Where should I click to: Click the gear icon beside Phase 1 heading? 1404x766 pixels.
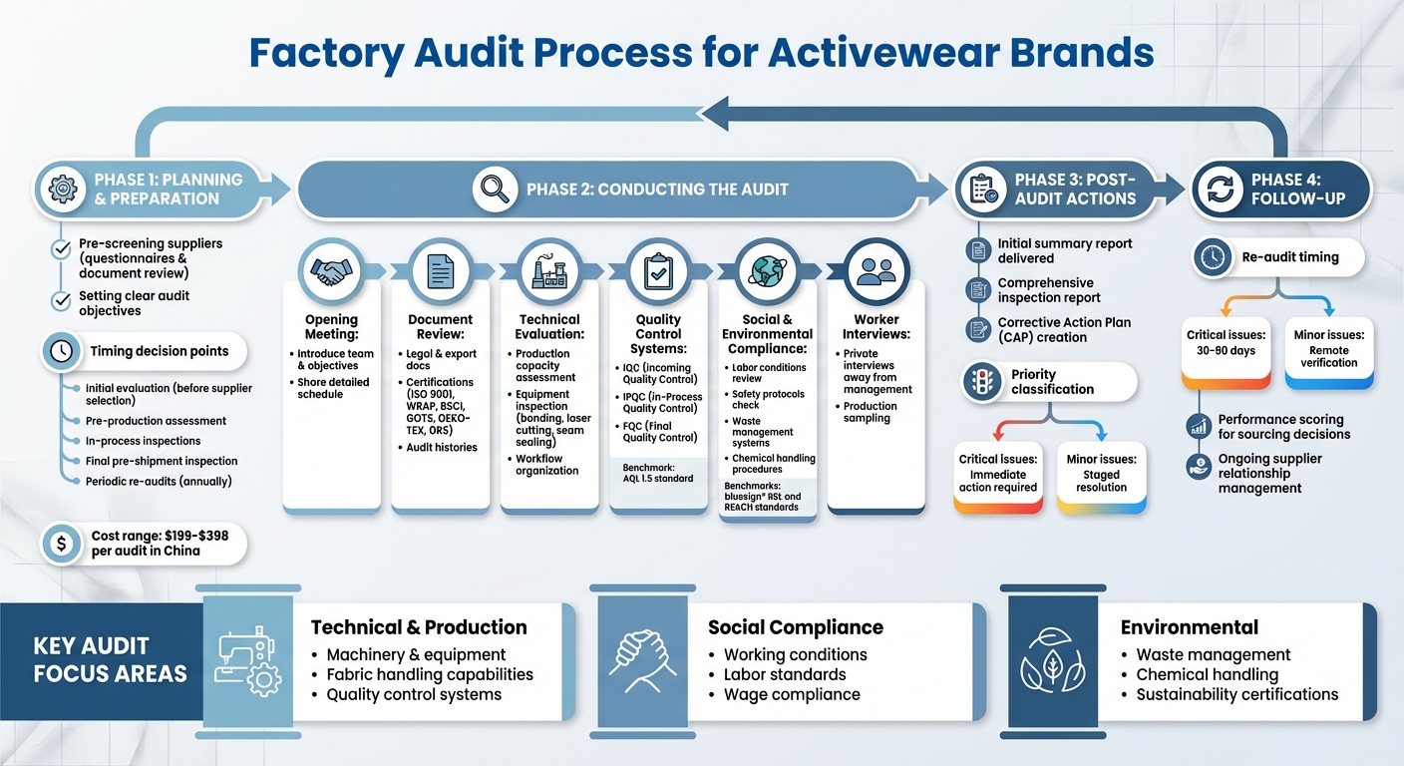pos(63,189)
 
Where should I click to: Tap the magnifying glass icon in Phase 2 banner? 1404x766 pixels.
pos(495,189)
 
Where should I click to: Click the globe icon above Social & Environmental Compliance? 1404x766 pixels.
pos(766,270)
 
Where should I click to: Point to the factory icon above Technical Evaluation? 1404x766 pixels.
pos(548,270)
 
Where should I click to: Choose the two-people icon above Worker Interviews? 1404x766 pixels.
pos(876,270)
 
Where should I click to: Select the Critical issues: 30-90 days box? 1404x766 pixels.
pos(1227,350)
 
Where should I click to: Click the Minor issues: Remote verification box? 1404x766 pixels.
pos(1329,350)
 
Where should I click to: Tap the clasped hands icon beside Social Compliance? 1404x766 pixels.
pos(644,659)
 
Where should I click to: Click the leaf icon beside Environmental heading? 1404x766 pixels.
pos(1053,659)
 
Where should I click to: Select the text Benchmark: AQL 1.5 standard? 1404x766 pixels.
pos(658,472)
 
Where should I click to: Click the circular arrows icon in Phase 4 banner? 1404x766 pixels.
pos(1222,189)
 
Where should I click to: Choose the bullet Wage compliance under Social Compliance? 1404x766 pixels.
pos(792,694)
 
